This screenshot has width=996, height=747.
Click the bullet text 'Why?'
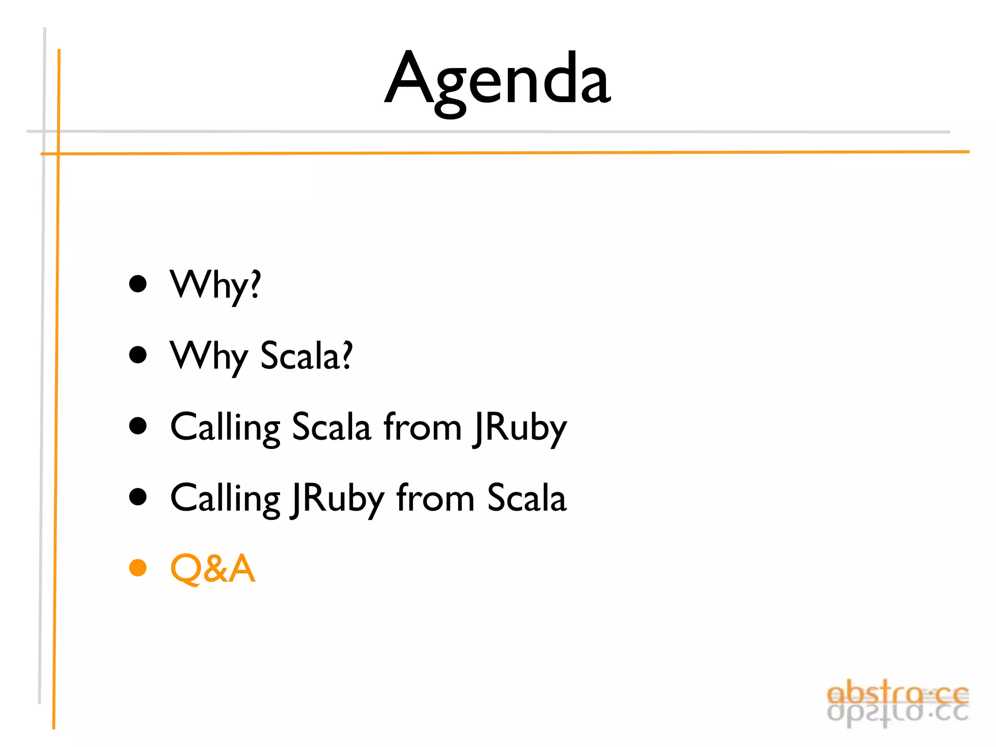pos(215,285)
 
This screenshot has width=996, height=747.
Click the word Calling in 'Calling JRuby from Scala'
pos(225,498)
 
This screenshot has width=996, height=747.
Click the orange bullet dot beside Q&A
pos(138,568)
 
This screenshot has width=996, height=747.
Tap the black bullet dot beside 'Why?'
pos(138,284)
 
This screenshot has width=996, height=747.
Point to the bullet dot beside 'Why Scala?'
pos(138,355)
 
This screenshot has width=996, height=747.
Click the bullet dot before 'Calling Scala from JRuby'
pos(138,426)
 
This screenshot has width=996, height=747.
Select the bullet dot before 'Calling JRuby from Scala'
pos(138,497)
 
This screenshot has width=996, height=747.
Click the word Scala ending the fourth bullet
pos(527,498)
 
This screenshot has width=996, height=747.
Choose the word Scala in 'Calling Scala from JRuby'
pos(331,427)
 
